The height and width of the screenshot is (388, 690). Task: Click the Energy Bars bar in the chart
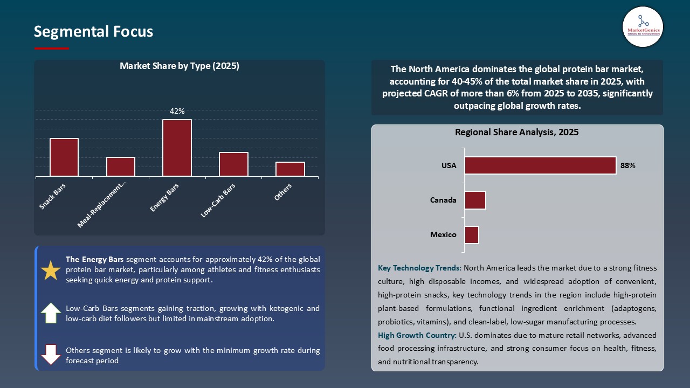(x=177, y=148)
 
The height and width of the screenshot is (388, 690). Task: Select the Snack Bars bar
(x=64, y=157)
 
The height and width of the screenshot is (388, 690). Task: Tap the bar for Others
(x=290, y=169)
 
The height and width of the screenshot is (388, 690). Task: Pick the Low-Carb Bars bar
(x=233, y=164)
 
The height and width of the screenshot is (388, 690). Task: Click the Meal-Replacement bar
(x=121, y=167)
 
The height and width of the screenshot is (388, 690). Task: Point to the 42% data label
(x=177, y=111)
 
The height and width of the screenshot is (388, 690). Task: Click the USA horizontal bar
(x=540, y=165)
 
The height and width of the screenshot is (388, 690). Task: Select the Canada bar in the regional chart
(x=475, y=200)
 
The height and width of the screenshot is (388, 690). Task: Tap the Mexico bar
(x=472, y=235)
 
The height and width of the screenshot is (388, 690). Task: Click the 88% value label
(x=627, y=166)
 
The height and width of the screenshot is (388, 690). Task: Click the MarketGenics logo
(x=643, y=26)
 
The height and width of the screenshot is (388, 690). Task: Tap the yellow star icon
(x=51, y=271)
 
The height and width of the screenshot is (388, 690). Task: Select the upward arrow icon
(x=51, y=313)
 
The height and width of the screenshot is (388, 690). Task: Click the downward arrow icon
(x=51, y=355)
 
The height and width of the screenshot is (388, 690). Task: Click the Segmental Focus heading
(x=93, y=32)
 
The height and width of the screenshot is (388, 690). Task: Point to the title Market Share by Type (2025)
(x=180, y=66)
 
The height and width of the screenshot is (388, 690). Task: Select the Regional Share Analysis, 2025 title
(x=516, y=132)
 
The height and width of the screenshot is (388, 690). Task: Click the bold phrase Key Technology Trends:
(x=419, y=268)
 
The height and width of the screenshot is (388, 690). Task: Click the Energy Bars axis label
(x=164, y=197)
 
